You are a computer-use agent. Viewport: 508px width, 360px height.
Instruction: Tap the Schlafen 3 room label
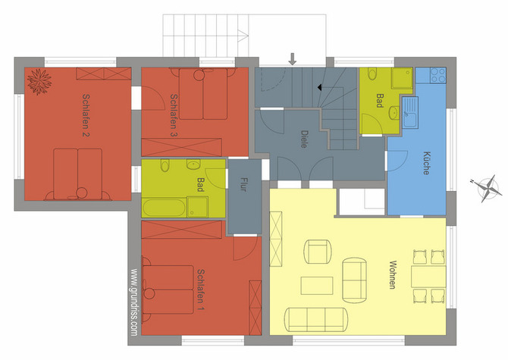(x=174, y=114)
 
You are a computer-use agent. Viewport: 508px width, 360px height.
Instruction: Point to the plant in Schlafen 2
(x=39, y=80)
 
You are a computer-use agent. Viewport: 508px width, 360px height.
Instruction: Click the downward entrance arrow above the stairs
(x=293, y=58)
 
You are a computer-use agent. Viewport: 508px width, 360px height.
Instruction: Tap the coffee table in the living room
(x=317, y=285)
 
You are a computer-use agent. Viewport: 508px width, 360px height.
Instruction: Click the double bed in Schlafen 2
(x=77, y=171)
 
